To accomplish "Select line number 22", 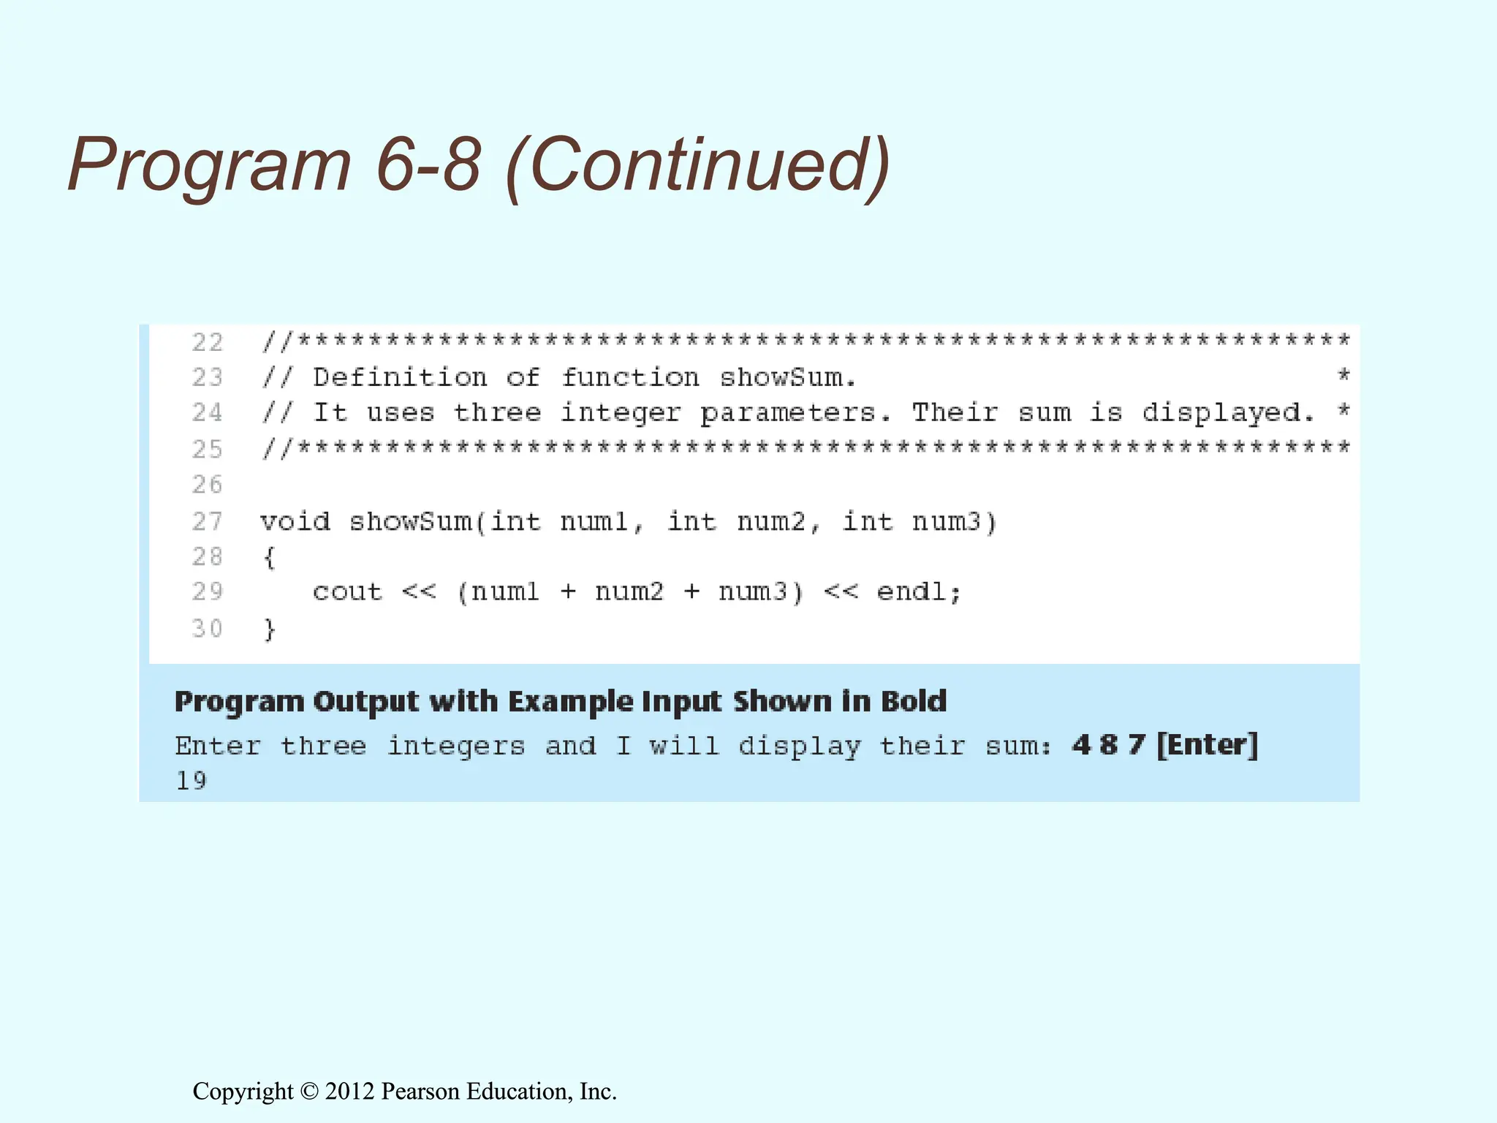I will (207, 342).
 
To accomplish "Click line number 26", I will (207, 484).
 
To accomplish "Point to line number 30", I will (207, 628).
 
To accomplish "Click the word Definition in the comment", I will (400, 377).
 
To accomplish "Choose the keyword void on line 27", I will (295, 522).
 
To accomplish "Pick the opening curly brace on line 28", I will (269, 558).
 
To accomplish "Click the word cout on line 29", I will (347, 592).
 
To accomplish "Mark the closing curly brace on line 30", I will (269, 629).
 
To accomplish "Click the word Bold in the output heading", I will (914, 701).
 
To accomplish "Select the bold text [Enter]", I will (1207, 745).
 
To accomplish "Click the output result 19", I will (191, 781).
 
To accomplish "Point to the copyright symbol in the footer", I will (309, 1092).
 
